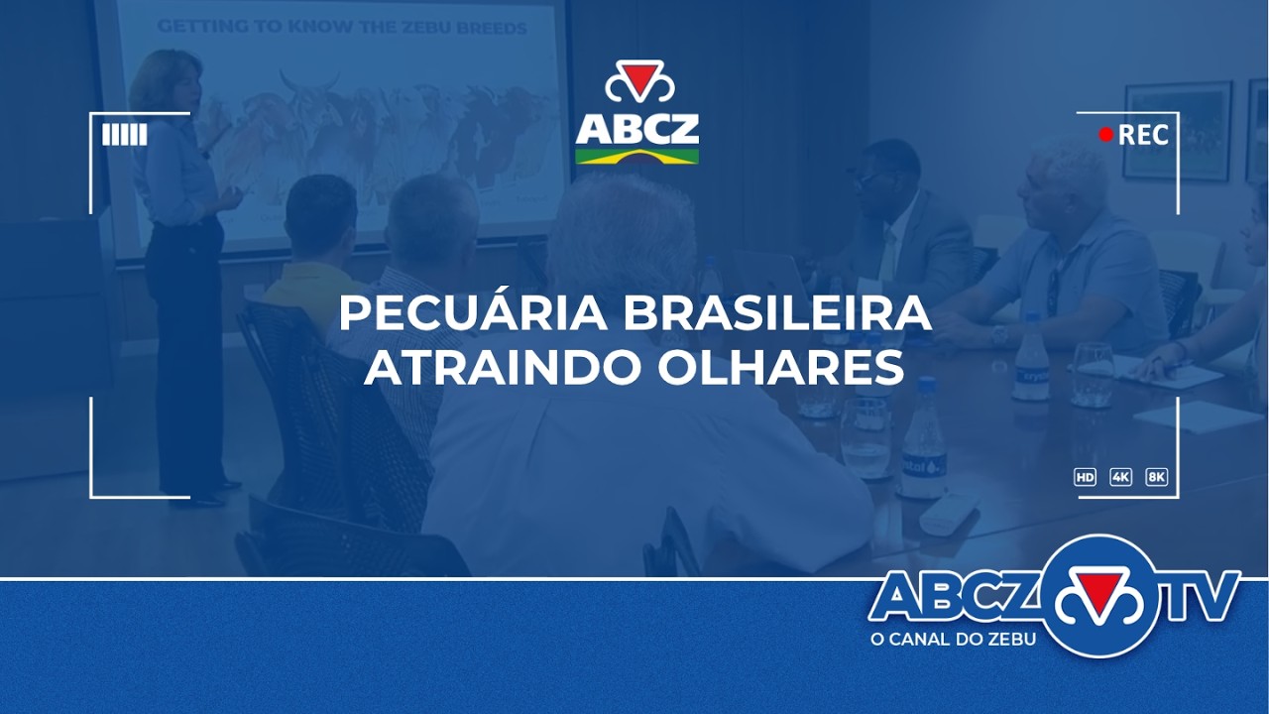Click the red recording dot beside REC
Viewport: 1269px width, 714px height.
tap(1106, 135)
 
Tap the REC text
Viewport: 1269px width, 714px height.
tap(1143, 135)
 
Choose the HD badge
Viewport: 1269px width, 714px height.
tap(1086, 477)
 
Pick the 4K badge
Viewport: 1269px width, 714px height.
tap(1121, 477)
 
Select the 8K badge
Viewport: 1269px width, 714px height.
tap(1156, 477)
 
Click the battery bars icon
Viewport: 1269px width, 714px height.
tap(125, 135)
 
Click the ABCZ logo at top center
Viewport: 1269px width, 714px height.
tap(637, 113)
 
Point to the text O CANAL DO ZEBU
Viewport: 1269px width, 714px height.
tap(953, 640)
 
